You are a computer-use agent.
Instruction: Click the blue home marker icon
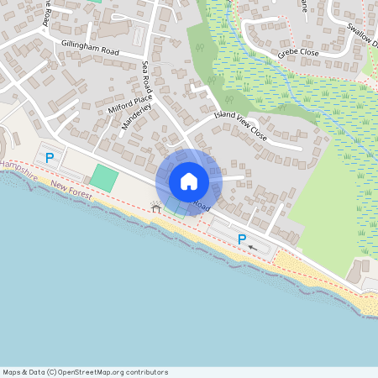189,181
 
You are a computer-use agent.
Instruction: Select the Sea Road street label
147,77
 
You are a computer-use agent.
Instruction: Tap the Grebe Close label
297,53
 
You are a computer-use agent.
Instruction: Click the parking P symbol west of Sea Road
50,157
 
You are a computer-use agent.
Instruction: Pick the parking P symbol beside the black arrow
242,240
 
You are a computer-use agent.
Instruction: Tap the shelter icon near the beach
155,206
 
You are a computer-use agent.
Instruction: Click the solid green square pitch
104,177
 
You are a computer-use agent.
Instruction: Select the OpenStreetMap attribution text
85,372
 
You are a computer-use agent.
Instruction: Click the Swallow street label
363,34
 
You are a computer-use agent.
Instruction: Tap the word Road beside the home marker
202,205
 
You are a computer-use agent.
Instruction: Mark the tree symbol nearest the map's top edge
199,48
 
